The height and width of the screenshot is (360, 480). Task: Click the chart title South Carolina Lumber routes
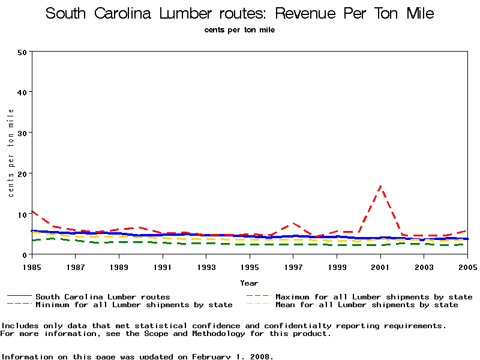coord(240,13)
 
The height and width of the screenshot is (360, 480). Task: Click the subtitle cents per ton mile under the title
coord(239,29)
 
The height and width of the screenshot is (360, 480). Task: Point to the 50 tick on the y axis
coord(22,52)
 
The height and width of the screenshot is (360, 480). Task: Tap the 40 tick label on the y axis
coord(22,92)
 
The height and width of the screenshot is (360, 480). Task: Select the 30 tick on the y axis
coord(22,133)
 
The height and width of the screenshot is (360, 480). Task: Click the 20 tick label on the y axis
coord(22,173)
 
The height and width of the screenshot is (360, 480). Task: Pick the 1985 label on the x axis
coord(32,266)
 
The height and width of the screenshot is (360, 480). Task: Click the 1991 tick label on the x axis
coord(163,266)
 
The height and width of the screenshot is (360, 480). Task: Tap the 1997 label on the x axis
coord(293,266)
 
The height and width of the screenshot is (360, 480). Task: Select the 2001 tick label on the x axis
coord(380,266)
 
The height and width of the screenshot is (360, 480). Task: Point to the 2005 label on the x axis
coord(467,266)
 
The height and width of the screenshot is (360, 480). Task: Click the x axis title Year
coord(249,283)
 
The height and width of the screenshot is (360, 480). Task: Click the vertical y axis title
coord(11,153)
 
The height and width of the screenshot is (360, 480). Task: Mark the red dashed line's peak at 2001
coord(380,187)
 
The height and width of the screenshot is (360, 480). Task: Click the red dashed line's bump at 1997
coord(293,223)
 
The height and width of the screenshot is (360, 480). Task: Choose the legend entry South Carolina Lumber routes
coord(103,296)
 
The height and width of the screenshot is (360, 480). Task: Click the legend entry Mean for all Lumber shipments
coord(367,305)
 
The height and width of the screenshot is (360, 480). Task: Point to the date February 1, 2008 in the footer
coord(233,356)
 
